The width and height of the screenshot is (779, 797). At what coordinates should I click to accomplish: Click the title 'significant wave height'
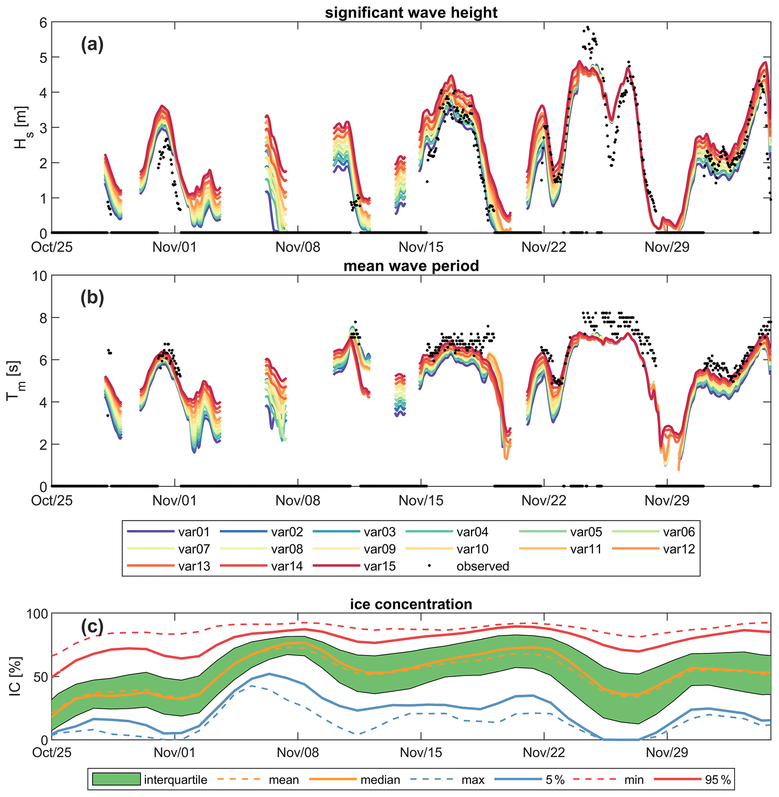click(x=411, y=13)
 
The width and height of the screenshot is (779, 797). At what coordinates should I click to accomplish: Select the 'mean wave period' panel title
click(x=411, y=266)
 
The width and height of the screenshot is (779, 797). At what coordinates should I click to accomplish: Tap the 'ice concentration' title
click(x=411, y=604)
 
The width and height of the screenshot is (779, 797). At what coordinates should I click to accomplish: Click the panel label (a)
click(x=92, y=44)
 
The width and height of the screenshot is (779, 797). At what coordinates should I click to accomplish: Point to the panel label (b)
click(x=92, y=298)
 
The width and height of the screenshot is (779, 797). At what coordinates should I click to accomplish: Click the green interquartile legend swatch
click(x=116, y=779)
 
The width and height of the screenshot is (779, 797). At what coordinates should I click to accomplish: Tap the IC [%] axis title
click(x=15, y=677)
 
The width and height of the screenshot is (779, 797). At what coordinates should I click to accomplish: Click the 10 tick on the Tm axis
click(x=39, y=276)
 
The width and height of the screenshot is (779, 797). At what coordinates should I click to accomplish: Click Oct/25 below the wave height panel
click(x=52, y=247)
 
